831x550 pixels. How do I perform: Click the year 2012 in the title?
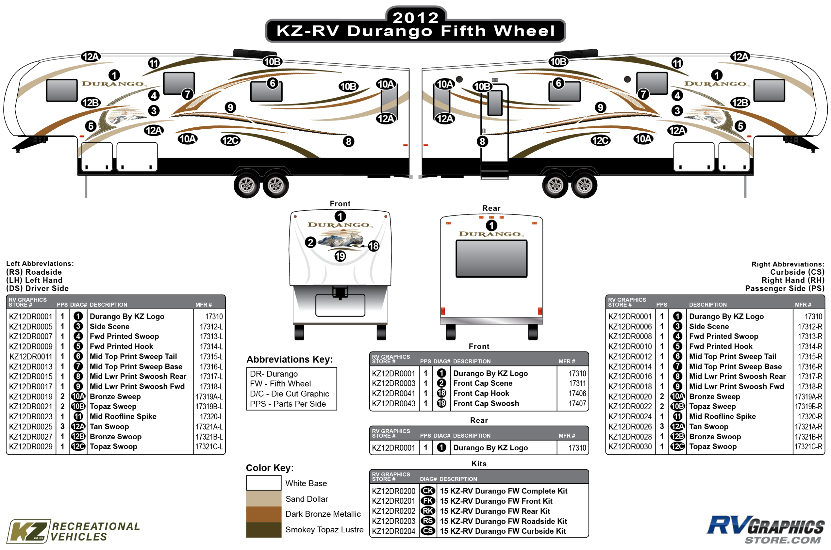[x=415, y=18]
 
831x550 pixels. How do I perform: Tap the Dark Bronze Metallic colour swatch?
[x=263, y=514]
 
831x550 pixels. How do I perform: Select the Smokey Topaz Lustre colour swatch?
[x=263, y=530]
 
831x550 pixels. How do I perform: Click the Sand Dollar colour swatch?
[x=263, y=499]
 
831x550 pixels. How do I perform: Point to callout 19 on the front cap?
[x=340, y=256]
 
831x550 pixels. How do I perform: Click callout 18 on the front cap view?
[x=373, y=246]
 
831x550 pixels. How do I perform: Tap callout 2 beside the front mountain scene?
[x=310, y=242]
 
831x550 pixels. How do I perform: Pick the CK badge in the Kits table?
[x=428, y=491]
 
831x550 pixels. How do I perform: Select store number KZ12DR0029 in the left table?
[x=31, y=447]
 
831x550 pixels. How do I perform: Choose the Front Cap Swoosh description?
[x=486, y=403]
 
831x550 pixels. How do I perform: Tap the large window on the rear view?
[x=491, y=259]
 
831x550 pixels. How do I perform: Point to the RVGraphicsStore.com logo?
[x=765, y=530]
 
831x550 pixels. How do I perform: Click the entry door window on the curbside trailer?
[x=495, y=103]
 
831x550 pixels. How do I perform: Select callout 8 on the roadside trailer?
[x=348, y=141]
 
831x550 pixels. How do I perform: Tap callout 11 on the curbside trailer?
[x=677, y=63]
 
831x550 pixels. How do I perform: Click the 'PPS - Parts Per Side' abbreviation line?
[x=288, y=404]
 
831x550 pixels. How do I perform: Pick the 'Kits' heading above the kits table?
[x=479, y=464]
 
